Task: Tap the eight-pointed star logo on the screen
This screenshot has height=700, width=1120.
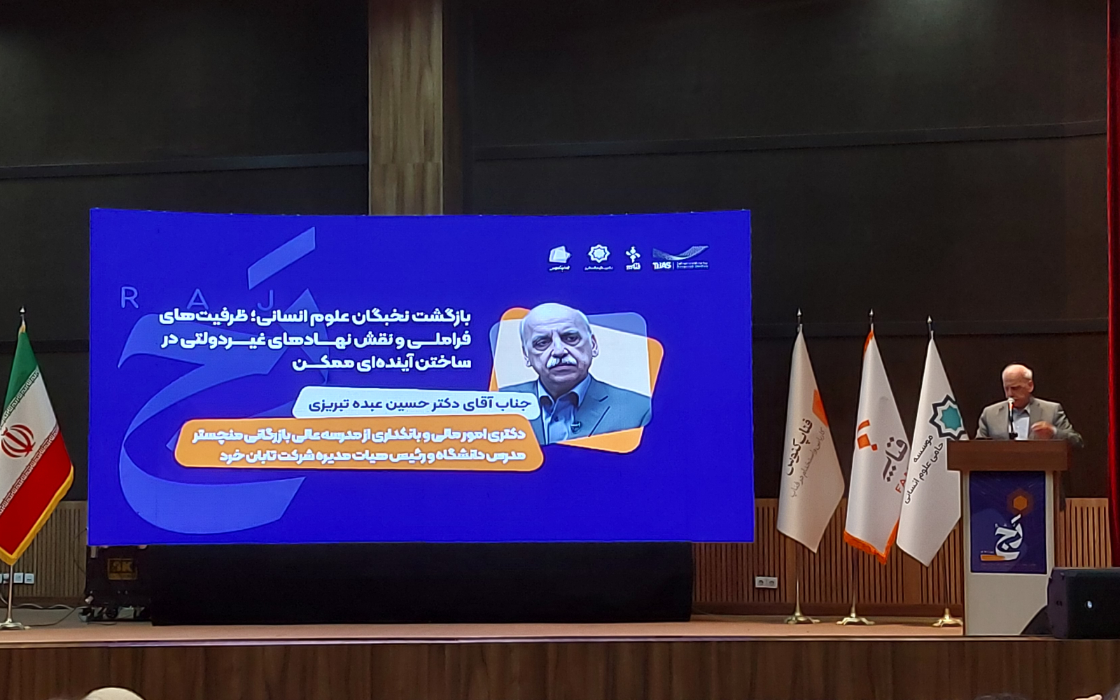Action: pyautogui.click(x=598, y=254)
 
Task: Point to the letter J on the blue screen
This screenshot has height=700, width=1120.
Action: pyautogui.click(x=267, y=300)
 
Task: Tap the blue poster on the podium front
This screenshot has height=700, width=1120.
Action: pyautogui.click(x=1007, y=521)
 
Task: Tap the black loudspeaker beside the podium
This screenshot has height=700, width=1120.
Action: pyautogui.click(x=1084, y=602)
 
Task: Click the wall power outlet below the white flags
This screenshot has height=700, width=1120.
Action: pyautogui.click(x=766, y=581)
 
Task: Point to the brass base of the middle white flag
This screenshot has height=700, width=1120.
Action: pyautogui.click(x=855, y=618)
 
